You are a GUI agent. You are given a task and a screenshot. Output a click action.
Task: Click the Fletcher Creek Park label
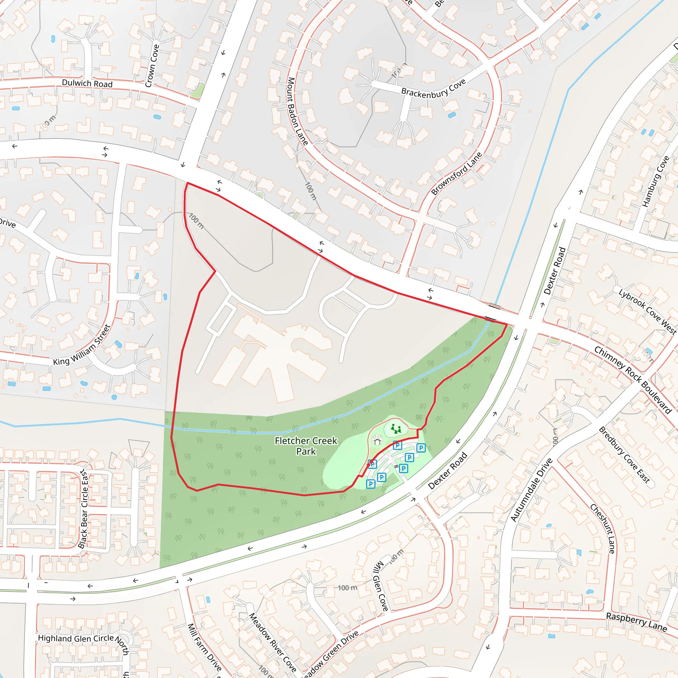point(306,446)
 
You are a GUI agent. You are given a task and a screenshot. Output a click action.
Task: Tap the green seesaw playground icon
point(396,428)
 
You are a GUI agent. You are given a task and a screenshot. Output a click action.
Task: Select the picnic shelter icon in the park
point(377,439)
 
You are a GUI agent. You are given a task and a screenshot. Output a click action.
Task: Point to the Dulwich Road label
point(87,83)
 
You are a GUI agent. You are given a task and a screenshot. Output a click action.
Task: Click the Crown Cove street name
point(152,66)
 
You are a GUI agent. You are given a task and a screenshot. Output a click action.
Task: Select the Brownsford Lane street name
point(457,174)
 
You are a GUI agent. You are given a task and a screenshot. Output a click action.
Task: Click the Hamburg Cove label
point(655,181)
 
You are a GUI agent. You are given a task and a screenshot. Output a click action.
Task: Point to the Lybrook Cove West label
point(648,312)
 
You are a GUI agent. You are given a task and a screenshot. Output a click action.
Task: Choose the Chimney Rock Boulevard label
point(633,380)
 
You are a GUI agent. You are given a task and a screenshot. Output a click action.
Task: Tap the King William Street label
point(82,345)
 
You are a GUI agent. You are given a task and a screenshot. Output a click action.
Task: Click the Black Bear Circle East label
point(83,509)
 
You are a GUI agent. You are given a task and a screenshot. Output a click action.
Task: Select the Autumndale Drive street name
point(531,490)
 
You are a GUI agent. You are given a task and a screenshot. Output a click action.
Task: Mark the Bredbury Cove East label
point(624,455)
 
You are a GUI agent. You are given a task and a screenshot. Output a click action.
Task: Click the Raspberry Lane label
point(636,622)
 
